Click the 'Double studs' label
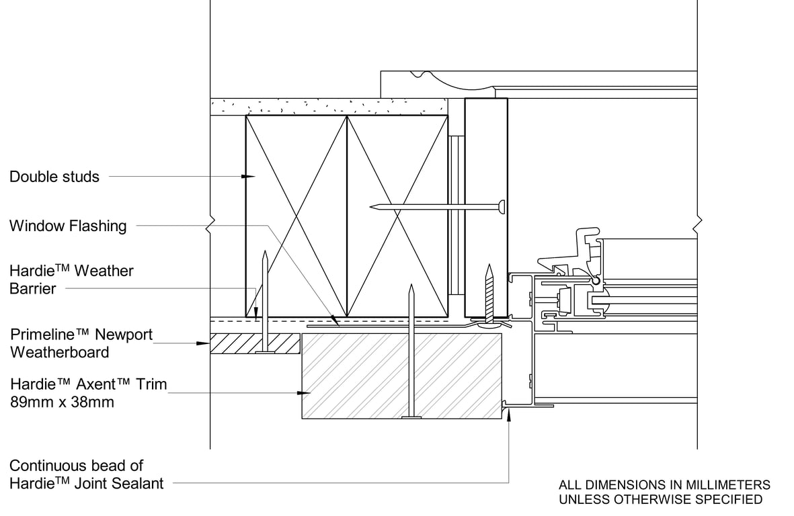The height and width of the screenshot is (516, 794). pos(54,177)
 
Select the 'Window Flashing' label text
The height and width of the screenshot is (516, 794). pos(68,226)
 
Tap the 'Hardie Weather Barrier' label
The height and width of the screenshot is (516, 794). pos(71,279)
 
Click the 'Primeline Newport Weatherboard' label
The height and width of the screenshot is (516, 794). pos(81,343)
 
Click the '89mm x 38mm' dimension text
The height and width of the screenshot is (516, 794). pos(62,402)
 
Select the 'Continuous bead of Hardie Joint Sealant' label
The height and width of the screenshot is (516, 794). pos(86,474)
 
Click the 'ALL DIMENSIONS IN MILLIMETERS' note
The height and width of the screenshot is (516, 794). pos(664,484)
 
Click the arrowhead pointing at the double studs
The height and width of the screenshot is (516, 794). pos(249,177)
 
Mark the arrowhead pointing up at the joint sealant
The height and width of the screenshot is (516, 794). pos(509,415)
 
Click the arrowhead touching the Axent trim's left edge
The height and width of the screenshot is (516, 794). pos(307,392)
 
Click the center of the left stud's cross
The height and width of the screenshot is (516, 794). pos(296,216)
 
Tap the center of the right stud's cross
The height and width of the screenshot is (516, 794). pos(397,216)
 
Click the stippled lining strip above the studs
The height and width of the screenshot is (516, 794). pos(329,106)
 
